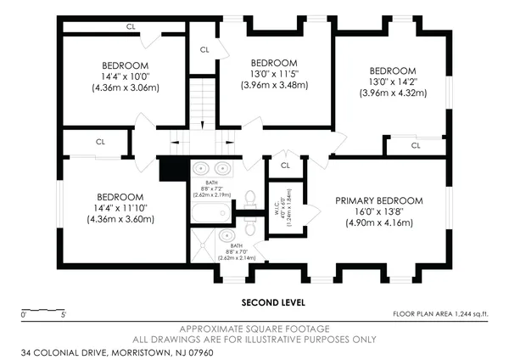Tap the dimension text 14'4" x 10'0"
pyautogui.click(x=125, y=76)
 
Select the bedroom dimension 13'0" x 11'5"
pyautogui.click(x=273, y=74)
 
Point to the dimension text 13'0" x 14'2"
pyautogui.click(x=392, y=82)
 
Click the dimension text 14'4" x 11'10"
pyautogui.click(x=120, y=207)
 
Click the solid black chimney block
pyautogui.click(x=172, y=168)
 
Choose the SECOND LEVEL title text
pyautogui.click(x=274, y=302)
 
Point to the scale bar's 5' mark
pyautogui.click(x=64, y=315)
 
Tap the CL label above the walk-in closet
pyautogui.click(x=285, y=165)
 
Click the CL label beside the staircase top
pyautogui.click(x=204, y=49)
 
